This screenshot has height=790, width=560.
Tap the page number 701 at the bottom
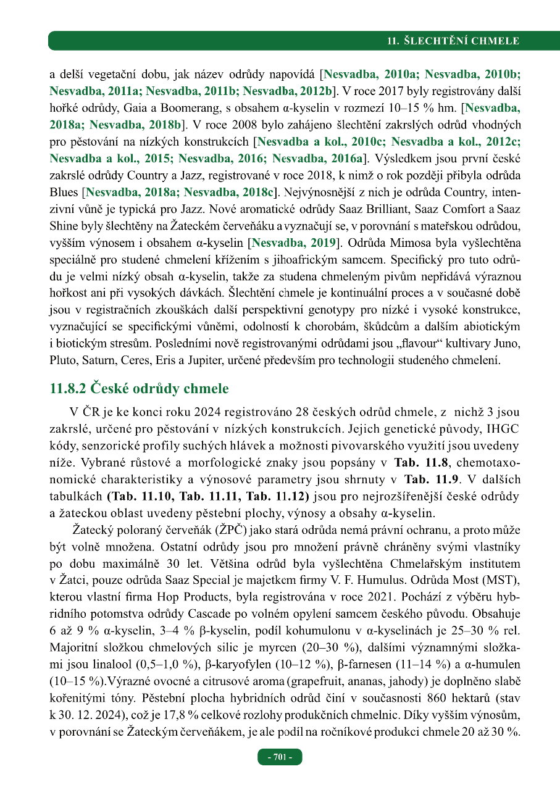[x=280, y=757]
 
